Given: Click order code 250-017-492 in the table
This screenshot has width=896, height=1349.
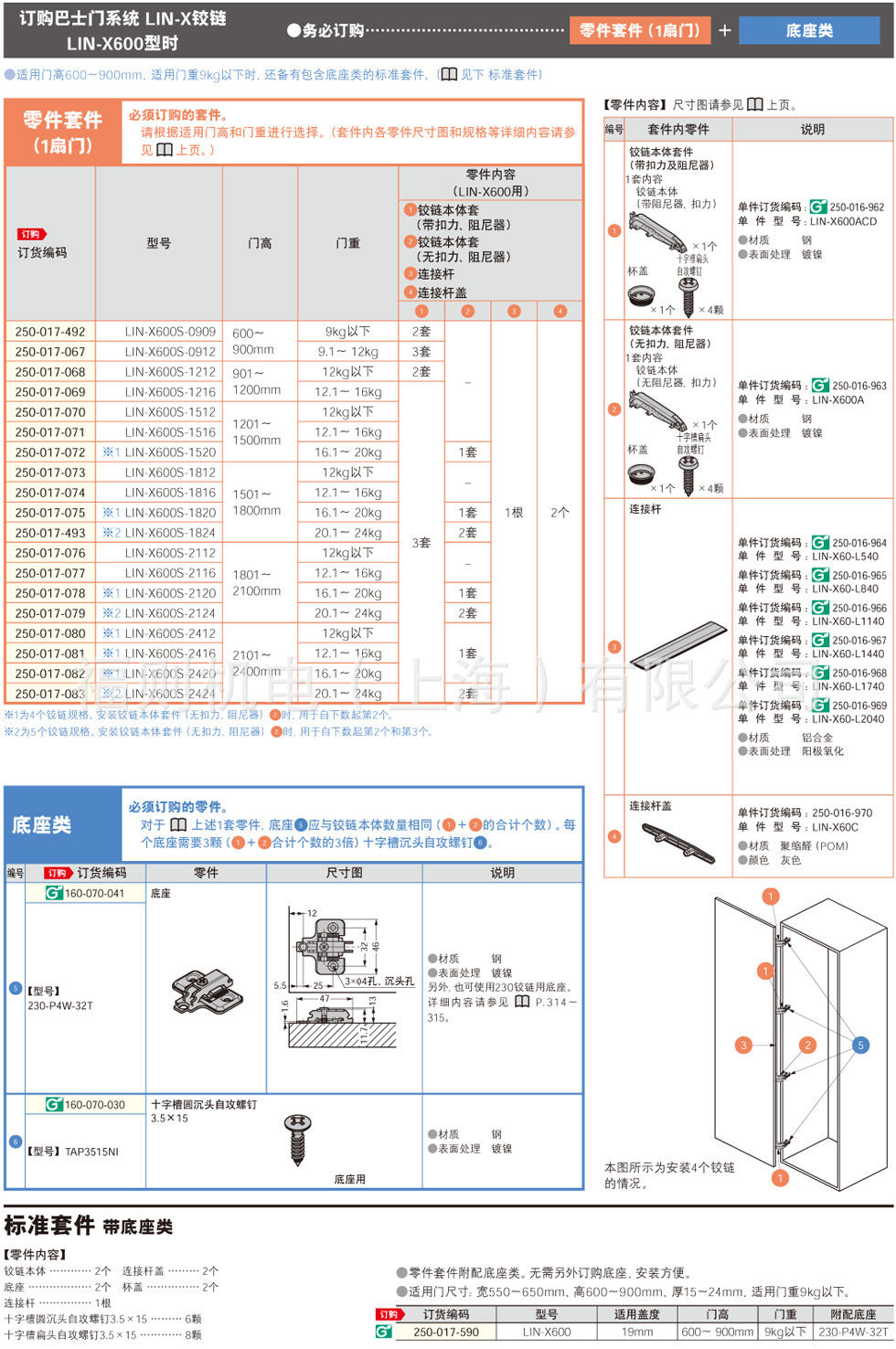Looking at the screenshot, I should (50, 332).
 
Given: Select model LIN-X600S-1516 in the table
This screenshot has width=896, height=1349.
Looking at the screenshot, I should (170, 432).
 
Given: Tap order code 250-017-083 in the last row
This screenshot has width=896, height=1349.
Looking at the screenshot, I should (50, 694).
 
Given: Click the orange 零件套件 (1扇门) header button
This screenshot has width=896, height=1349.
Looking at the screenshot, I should (639, 30).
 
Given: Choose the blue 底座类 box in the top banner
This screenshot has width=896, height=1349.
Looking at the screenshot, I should (809, 31).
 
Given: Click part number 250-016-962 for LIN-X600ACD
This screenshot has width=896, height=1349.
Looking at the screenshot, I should (857, 207).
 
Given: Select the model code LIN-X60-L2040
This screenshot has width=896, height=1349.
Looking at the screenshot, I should (848, 719).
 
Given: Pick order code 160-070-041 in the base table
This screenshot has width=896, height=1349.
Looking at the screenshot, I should (94, 893).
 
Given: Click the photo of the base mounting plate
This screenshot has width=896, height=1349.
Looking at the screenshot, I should (207, 991).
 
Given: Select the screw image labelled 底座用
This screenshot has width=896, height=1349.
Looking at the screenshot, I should (298, 1138).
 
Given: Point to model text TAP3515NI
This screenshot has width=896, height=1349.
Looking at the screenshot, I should (91, 1152).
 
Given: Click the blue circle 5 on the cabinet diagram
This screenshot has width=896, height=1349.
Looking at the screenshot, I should (860, 1045).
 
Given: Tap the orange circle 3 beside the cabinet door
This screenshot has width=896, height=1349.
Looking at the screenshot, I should (744, 1045).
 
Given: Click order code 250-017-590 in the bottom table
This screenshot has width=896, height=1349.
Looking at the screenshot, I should (445, 1332).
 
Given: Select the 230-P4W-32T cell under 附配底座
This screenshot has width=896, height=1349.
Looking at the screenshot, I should (853, 1332).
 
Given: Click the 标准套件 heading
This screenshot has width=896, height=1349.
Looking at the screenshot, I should (49, 1225).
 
